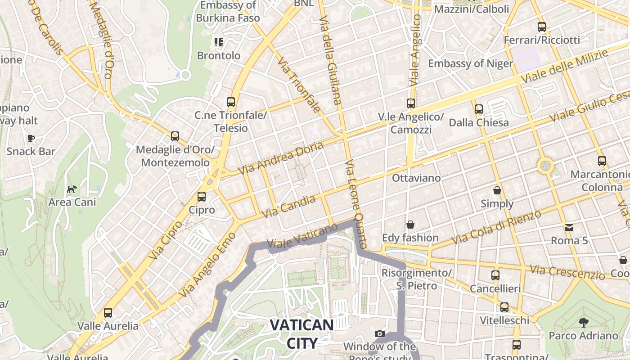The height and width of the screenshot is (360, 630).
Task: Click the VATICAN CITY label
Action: click(x=302, y=333)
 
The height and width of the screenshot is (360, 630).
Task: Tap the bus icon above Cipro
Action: click(x=202, y=197)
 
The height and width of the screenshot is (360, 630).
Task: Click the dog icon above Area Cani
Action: click(x=72, y=189)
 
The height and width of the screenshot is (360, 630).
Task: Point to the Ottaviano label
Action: click(x=416, y=178)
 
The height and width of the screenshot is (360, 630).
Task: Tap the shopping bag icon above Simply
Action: click(x=497, y=190)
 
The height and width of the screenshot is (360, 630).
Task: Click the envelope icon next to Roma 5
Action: click(x=570, y=228)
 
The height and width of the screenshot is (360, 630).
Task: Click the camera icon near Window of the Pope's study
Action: click(x=380, y=333)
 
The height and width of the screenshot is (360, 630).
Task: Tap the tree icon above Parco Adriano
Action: click(x=584, y=322)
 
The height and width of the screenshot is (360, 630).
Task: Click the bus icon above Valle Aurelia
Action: click(x=108, y=312)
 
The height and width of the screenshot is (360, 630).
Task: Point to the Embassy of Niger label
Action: click(x=470, y=63)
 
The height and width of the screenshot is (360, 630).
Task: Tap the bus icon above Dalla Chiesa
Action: click(x=479, y=109)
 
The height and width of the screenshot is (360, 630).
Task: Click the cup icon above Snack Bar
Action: click(x=31, y=138)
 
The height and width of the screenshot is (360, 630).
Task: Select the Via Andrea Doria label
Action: click(x=281, y=158)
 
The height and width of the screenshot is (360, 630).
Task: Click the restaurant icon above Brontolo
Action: click(x=219, y=42)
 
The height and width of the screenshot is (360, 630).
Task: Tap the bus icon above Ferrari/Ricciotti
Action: click(x=542, y=27)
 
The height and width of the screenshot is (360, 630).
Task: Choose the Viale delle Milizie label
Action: click(x=565, y=66)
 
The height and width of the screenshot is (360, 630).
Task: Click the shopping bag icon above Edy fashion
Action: click(x=410, y=224)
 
